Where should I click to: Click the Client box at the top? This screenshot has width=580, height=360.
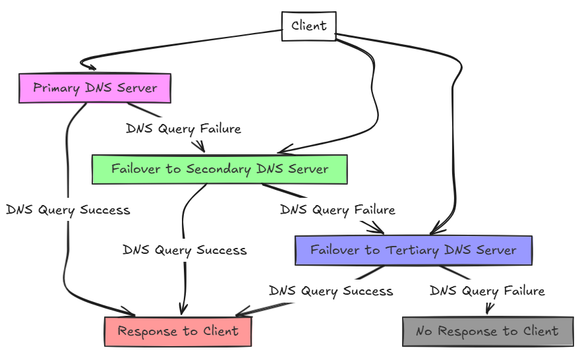tap(308, 26)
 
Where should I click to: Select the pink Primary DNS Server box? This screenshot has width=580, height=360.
tap(95, 88)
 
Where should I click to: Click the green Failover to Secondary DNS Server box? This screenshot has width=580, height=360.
tap(219, 169)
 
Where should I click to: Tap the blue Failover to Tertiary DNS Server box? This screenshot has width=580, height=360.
tap(413, 251)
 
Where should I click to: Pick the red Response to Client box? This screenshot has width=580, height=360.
tap(178, 331)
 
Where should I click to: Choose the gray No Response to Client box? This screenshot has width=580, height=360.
tap(487, 331)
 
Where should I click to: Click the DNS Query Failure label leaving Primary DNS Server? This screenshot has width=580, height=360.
tap(183, 129)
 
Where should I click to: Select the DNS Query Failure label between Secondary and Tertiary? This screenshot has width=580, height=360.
tap(337, 210)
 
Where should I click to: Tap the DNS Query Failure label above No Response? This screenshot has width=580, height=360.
tap(487, 291)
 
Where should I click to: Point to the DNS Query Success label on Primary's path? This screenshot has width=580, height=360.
tap(68, 210)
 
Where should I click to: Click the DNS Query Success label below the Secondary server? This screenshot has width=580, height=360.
tap(185, 251)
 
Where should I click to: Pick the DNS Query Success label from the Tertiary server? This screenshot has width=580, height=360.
tap(331, 291)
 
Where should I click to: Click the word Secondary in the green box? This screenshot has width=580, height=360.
tap(216, 169)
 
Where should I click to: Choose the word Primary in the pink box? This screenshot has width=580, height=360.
tap(56, 88)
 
